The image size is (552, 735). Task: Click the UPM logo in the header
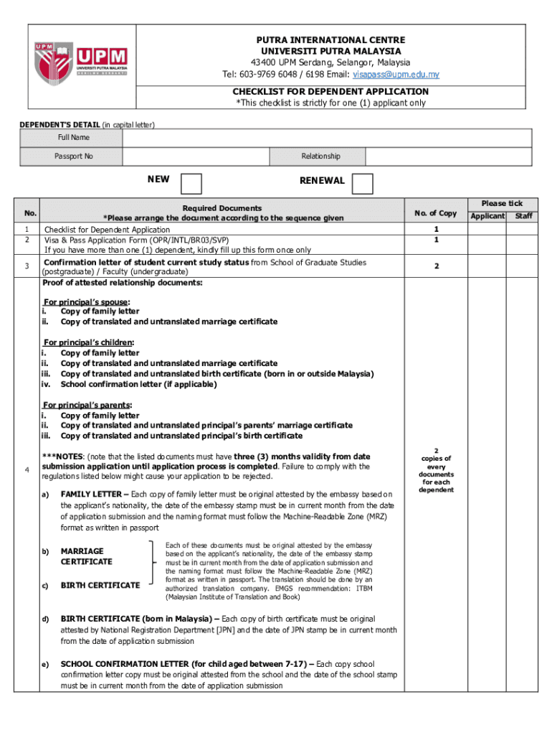pyautogui.click(x=80, y=61)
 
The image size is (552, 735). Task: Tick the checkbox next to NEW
pyautogui.click(x=191, y=184)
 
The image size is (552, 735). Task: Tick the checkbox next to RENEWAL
pyautogui.click(x=363, y=184)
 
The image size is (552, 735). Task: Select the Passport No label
pyautogui.click(x=73, y=156)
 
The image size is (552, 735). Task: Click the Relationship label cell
pyautogui.click(x=320, y=156)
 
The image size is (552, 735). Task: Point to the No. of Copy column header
pyautogui.click(x=435, y=212)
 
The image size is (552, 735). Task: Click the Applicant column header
pyautogui.click(x=487, y=216)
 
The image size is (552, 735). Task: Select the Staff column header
pyautogui.click(x=523, y=216)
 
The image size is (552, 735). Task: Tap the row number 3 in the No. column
pyautogui.click(x=27, y=267)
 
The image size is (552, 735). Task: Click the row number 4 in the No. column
pyautogui.click(x=27, y=470)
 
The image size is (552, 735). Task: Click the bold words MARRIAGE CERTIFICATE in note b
pyautogui.click(x=87, y=556)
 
